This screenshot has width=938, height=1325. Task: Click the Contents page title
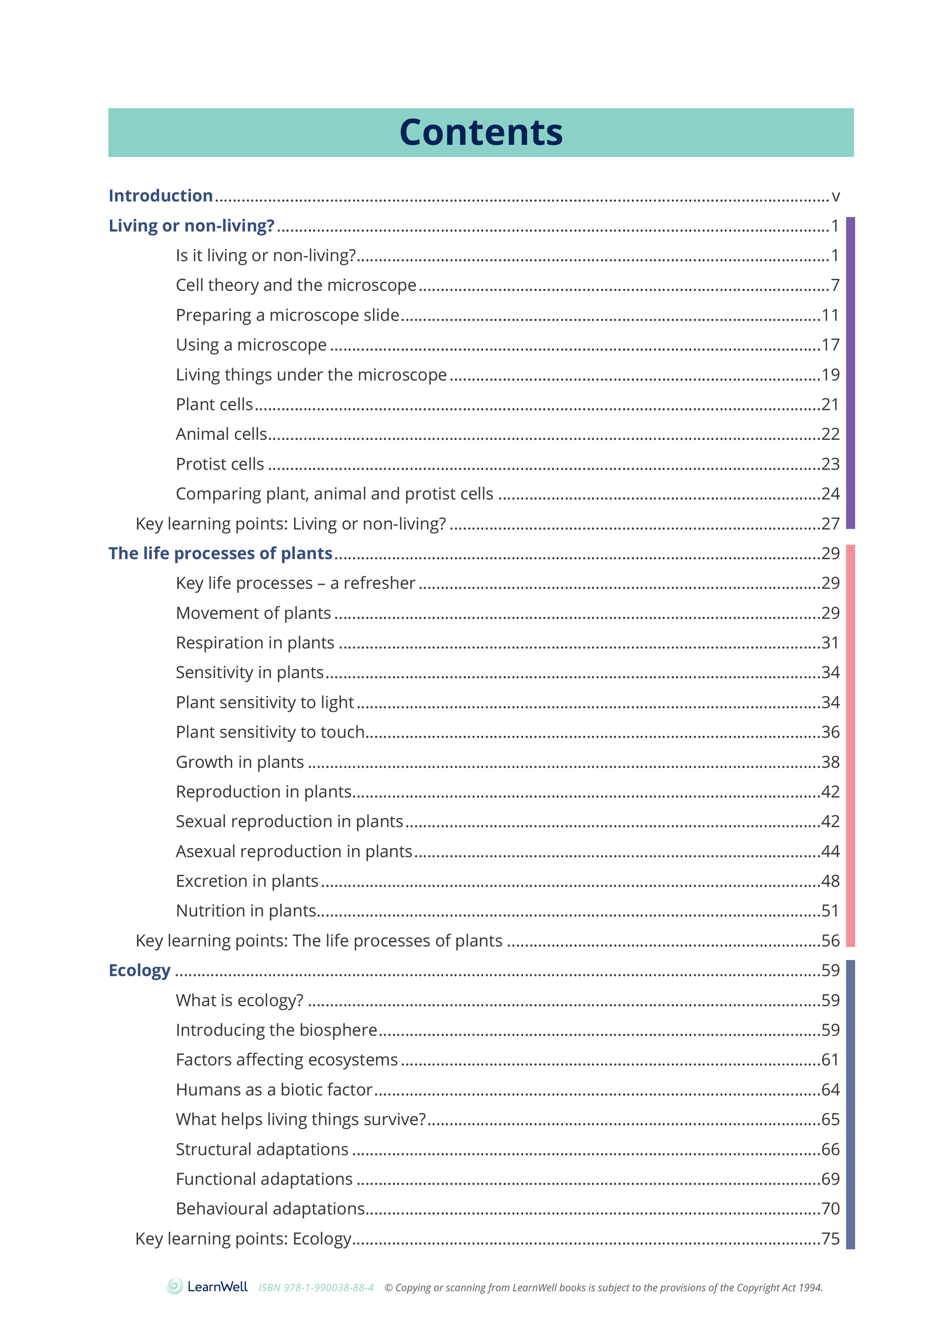tap(481, 133)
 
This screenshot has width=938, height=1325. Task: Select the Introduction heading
tap(161, 196)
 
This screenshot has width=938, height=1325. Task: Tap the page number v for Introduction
tap(835, 197)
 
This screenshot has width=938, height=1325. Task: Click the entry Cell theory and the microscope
tap(296, 285)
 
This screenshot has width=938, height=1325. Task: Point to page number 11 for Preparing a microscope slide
tap(830, 315)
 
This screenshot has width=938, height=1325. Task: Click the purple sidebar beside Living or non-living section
tap(850, 373)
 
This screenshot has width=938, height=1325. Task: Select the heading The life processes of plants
tap(220, 553)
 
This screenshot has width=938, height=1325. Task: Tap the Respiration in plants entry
tap(255, 643)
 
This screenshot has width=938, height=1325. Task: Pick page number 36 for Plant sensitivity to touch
tap(830, 732)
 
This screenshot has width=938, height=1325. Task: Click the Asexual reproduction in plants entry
tap(294, 851)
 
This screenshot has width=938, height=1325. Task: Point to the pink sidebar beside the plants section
tap(850, 746)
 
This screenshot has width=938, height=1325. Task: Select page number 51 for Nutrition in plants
tap(830, 911)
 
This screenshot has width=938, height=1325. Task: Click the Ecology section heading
tap(139, 970)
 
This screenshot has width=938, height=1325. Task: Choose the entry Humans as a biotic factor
tap(274, 1089)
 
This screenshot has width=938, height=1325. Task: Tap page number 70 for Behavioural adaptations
tap(830, 1208)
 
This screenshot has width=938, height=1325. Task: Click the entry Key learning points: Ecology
tap(243, 1238)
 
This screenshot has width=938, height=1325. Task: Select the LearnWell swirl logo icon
tap(174, 1286)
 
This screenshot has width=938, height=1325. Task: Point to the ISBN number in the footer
tap(316, 1287)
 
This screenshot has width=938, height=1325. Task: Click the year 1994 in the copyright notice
tap(810, 1287)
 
